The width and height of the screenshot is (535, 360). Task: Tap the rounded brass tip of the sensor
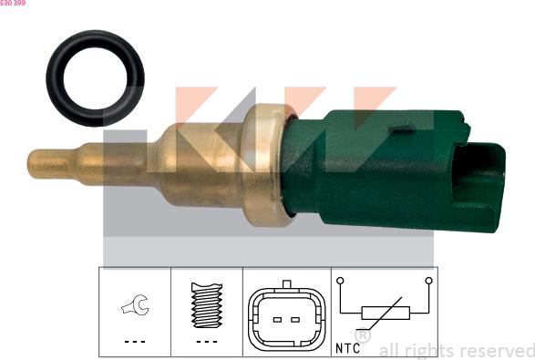(34, 164)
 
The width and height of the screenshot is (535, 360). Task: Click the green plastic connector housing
(393, 170)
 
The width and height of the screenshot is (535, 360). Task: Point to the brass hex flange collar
(264, 165)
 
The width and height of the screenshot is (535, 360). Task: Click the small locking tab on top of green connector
(404, 129)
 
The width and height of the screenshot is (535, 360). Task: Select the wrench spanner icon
(136, 304)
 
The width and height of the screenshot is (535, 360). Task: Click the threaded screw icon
(207, 305)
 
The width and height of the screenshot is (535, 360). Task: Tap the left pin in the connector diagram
(277, 320)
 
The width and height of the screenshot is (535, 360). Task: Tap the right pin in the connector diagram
(295, 320)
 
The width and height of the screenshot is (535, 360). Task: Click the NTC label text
(347, 348)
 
